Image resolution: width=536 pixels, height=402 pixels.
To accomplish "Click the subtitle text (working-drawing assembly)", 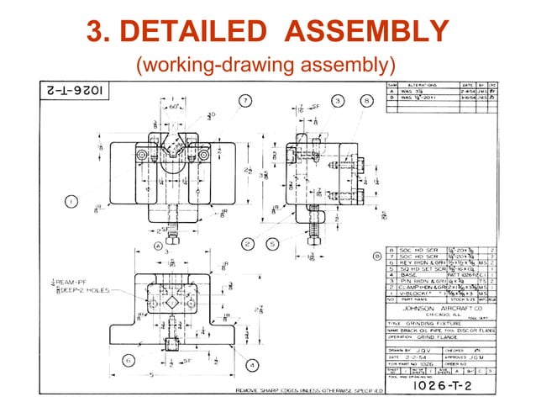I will [266, 64].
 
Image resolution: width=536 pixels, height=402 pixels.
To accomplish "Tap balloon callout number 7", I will [244, 100].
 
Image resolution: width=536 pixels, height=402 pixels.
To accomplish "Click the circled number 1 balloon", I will [71, 201].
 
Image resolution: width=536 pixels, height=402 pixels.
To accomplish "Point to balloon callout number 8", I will [366, 100].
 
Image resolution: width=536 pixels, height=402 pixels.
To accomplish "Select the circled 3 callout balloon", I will [336, 100].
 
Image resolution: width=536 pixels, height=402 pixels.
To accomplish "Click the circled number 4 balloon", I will [252, 364].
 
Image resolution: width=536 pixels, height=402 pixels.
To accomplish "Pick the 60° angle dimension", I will [175, 108].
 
